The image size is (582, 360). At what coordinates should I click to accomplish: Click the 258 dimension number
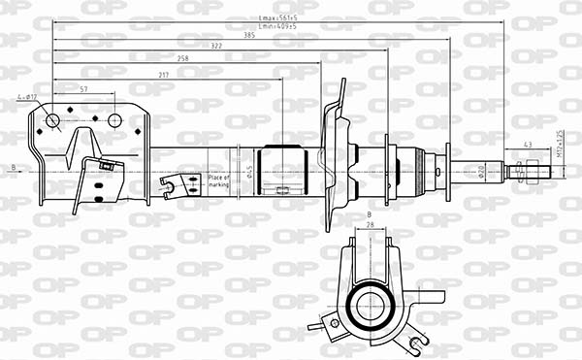[183, 59]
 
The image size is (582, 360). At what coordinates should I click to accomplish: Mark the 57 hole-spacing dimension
[83, 89]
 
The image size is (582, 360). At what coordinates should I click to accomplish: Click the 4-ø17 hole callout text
[26, 97]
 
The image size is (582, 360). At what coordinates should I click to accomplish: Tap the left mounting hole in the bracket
[53, 120]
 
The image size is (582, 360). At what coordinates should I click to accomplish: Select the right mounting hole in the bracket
[114, 120]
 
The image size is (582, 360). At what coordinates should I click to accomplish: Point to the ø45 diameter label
[249, 172]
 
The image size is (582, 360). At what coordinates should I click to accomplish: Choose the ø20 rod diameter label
[481, 173]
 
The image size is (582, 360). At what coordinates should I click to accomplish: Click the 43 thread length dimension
[527, 145]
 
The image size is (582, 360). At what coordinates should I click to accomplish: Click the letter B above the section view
[370, 213]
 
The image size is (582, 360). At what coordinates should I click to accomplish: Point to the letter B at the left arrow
[14, 168]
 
